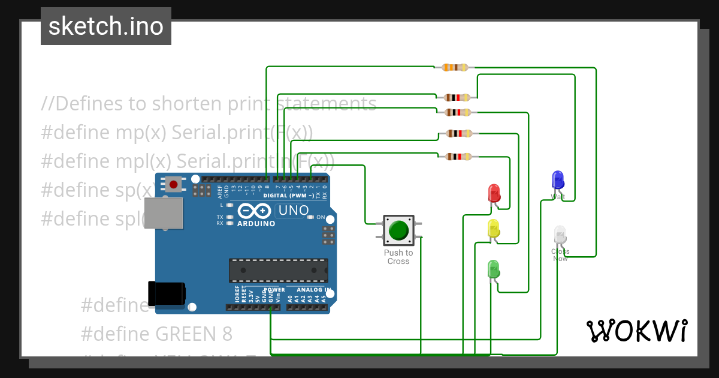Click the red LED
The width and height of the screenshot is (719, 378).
(x=494, y=193)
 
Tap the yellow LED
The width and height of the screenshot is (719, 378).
(x=493, y=228)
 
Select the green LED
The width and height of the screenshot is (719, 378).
(x=493, y=268)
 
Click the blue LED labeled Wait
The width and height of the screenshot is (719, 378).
(x=557, y=179)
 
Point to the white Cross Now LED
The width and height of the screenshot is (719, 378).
(x=560, y=235)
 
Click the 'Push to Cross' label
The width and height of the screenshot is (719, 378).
(x=398, y=257)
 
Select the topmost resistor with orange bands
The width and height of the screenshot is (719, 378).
(x=455, y=68)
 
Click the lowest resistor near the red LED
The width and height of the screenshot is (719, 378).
(x=458, y=157)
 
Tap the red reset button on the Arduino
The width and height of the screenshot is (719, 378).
(x=174, y=184)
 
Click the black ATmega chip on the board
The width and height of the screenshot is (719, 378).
(x=279, y=270)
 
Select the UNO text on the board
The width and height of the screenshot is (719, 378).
(x=294, y=211)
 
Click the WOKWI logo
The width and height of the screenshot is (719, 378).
(x=636, y=331)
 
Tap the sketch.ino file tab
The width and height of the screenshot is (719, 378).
(x=106, y=26)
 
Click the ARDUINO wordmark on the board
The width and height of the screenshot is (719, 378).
(x=256, y=224)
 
